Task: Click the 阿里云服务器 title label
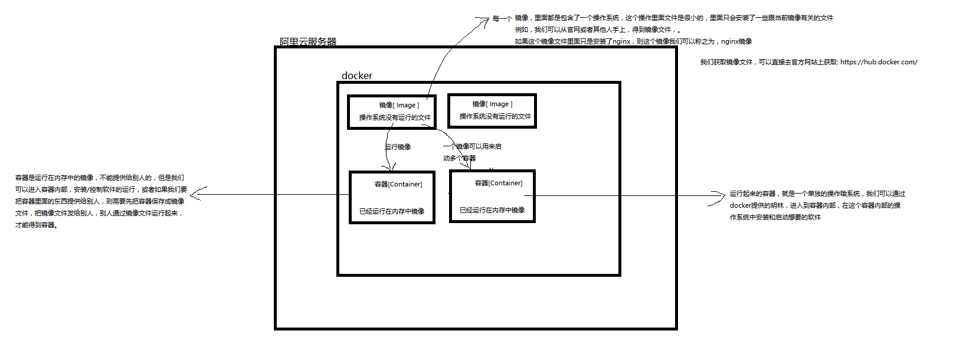(308, 42)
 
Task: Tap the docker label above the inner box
(357, 76)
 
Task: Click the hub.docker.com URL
(879, 62)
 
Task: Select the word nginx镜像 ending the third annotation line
(736, 41)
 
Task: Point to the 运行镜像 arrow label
(398, 147)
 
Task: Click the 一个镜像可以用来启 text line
(473, 146)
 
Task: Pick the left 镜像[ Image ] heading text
(399, 105)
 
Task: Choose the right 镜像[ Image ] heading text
(493, 104)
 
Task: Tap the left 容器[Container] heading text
(398, 184)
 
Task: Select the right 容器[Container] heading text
(499, 183)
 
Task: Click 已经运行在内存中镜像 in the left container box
(392, 211)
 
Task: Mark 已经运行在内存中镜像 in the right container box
(492, 210)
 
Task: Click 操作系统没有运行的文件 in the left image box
(395, 117)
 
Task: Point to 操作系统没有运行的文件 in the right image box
(495, 116)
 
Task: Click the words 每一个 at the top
(502, 19)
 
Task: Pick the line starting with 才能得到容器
(37, 225)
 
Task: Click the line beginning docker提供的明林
(815, 205)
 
